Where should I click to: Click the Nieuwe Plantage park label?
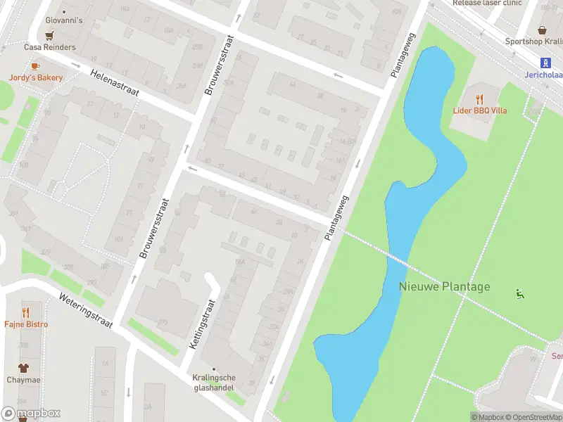(x=444, y=286)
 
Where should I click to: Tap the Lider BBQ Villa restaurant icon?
(x=480, y=99)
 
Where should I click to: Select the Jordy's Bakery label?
(x=36, y=78)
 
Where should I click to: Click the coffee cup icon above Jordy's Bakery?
(x=34, y=66)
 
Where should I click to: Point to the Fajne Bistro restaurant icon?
(x=26, y=312)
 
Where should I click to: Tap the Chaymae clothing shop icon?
(x=23, y=367)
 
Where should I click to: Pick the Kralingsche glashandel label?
(x=214, y=382)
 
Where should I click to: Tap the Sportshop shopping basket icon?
(x=543, y=30)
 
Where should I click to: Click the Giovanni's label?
(x=63, y=20)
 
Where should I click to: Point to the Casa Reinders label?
(x=49, y=47)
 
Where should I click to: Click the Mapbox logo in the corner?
(x=31, y=414)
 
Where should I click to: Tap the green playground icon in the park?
(x=520, y=294)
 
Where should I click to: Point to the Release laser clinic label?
(x=487, y=3)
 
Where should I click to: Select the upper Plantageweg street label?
(x=403, y=54)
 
